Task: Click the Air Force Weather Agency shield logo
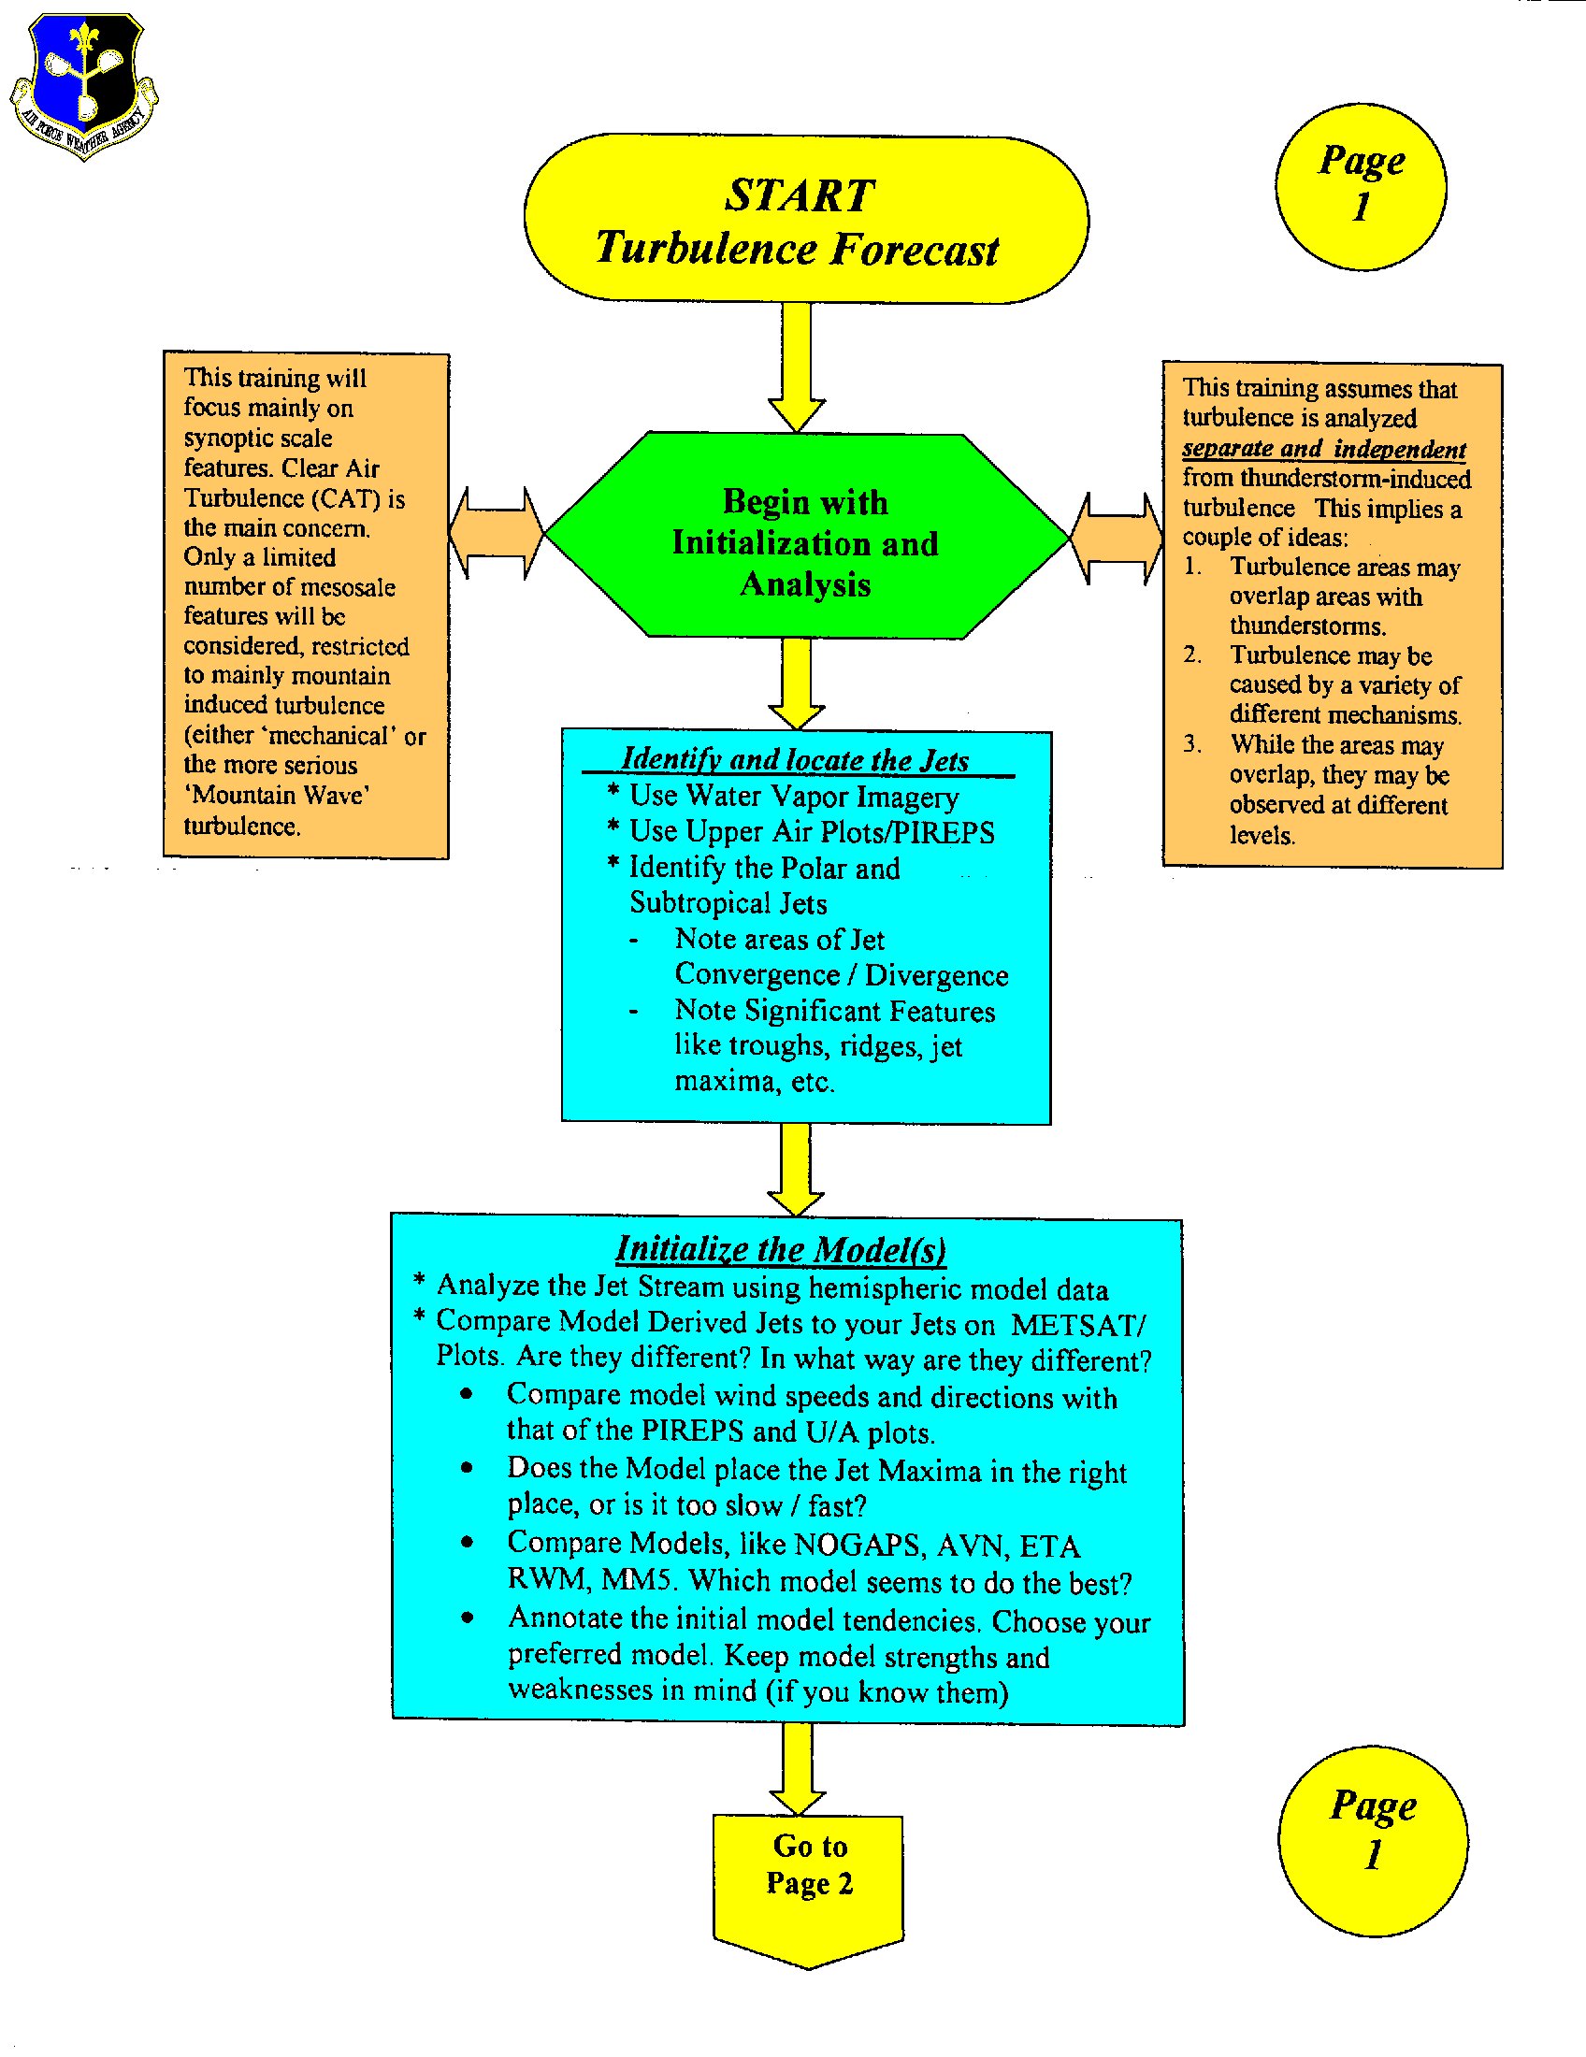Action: [85, 85]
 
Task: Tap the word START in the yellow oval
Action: [800, 196]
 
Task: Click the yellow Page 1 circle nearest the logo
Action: [1361, 186]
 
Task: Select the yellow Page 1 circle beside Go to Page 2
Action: [1372, 1840]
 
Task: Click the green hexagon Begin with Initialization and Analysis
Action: [806, 537]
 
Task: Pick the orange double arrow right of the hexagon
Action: [1117, 538]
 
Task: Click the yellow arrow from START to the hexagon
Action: [797, 367]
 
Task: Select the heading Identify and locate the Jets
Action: [796, 759]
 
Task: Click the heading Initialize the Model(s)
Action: [781, 1249]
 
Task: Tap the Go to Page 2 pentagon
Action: [808, 1880]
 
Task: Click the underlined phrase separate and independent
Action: [1323, 449]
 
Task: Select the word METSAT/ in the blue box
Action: [1078, 1324]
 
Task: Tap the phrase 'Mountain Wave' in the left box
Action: [277, 796]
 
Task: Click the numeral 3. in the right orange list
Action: [1192, 744]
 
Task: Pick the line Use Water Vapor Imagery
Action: [793, 797]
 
